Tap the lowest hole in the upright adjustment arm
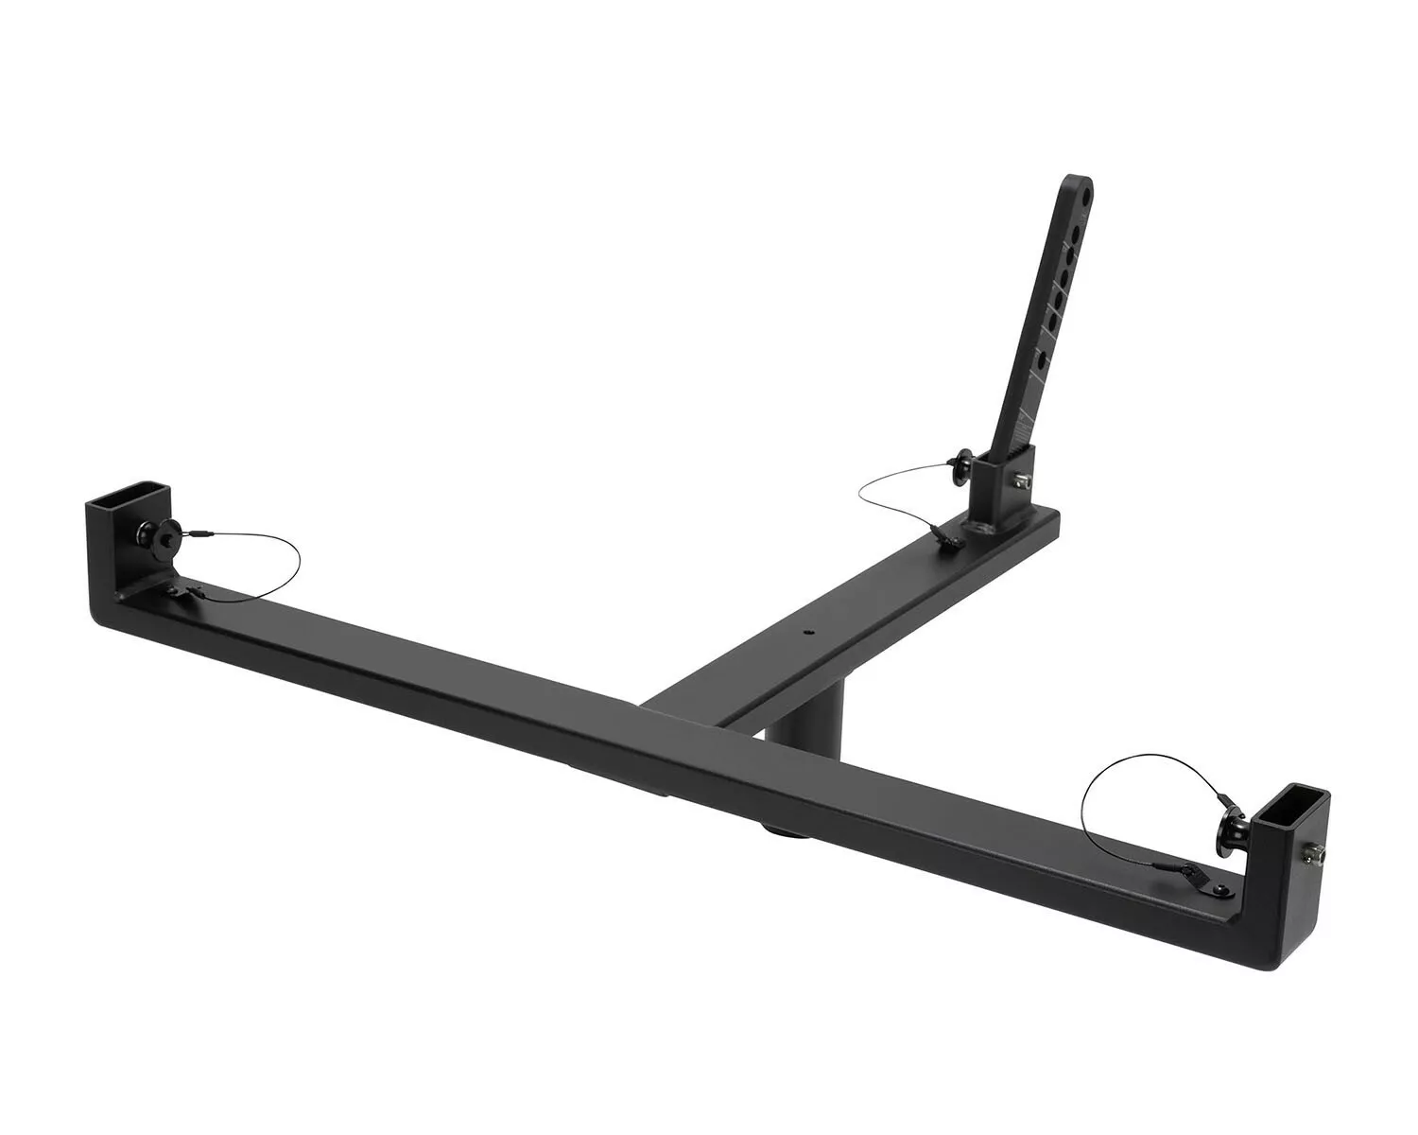[x=1041, y=360]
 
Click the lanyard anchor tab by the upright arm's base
[x=946, y=539]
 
